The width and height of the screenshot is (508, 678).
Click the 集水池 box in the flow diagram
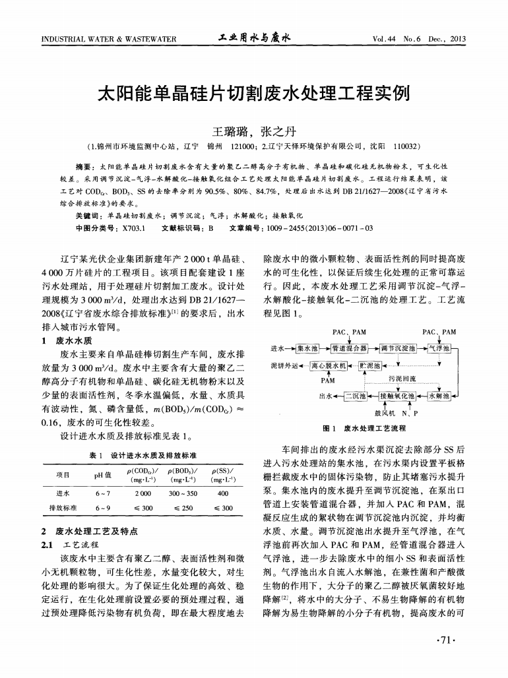point(307,348)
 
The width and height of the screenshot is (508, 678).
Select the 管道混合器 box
point(350,348)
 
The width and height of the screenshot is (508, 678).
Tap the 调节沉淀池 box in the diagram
point(398,348)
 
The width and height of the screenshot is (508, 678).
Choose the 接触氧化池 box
point(397,396)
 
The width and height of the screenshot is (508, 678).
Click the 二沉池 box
point(356,396)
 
